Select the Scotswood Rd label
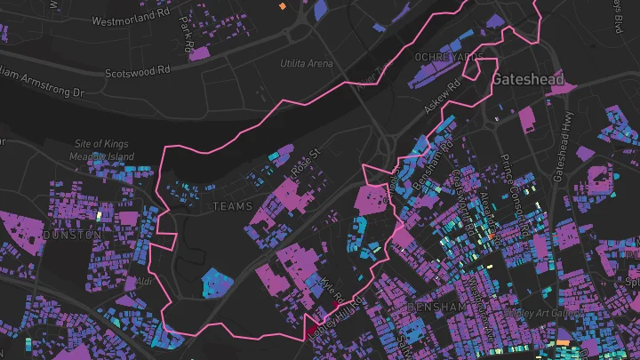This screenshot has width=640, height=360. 137,71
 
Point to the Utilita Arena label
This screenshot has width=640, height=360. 306,64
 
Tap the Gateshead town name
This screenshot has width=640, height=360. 528,79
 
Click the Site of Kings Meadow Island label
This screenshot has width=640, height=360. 102,150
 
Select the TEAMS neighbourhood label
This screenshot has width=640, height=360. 233,206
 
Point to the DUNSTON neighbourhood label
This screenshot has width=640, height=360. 71,235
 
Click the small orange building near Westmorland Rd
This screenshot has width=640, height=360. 283,6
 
